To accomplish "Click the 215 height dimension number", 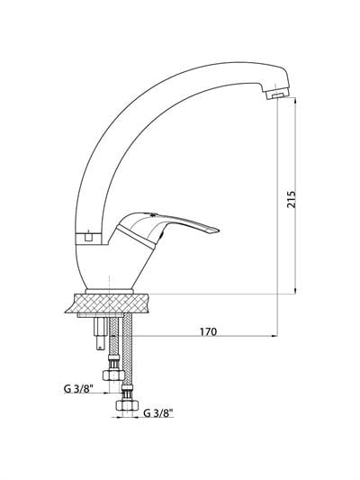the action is [x=292, y=199].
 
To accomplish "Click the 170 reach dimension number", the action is [x=208, y=331].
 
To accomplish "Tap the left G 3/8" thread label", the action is [x=78, y=389].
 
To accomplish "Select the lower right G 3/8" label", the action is [x=158, y=413].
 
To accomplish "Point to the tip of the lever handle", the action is [x=219, y=231].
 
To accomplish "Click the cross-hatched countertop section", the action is [x=107, y=303].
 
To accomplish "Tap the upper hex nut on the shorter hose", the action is [x=113, y=375].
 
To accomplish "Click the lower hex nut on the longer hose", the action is [x=127, y=404].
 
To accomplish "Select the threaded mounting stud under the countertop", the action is [x=100, y=334].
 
